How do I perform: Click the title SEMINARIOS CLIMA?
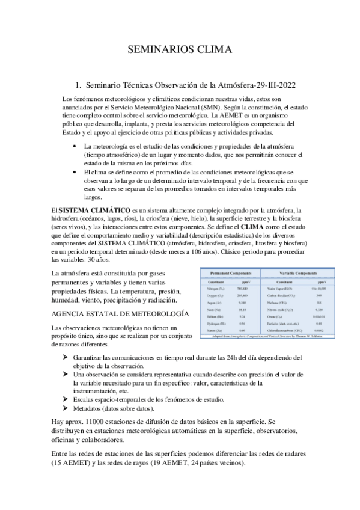click(180, 50)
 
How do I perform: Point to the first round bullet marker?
click(74, 146)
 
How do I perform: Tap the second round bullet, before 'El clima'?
click(74, 172)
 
